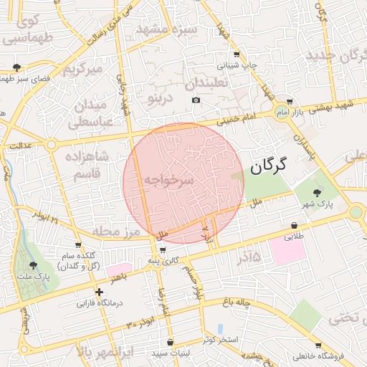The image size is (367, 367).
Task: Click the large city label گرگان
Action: [269, 166]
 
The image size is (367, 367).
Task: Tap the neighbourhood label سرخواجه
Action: [168, 181]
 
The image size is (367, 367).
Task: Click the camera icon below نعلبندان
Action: [196, 100]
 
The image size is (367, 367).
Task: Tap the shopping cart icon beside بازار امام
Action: [289, 102]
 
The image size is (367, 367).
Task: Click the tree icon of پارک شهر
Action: [318, 191]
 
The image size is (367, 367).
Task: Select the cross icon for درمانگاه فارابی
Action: [99, 292]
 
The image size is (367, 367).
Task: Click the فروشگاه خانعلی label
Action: [330, 356]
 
